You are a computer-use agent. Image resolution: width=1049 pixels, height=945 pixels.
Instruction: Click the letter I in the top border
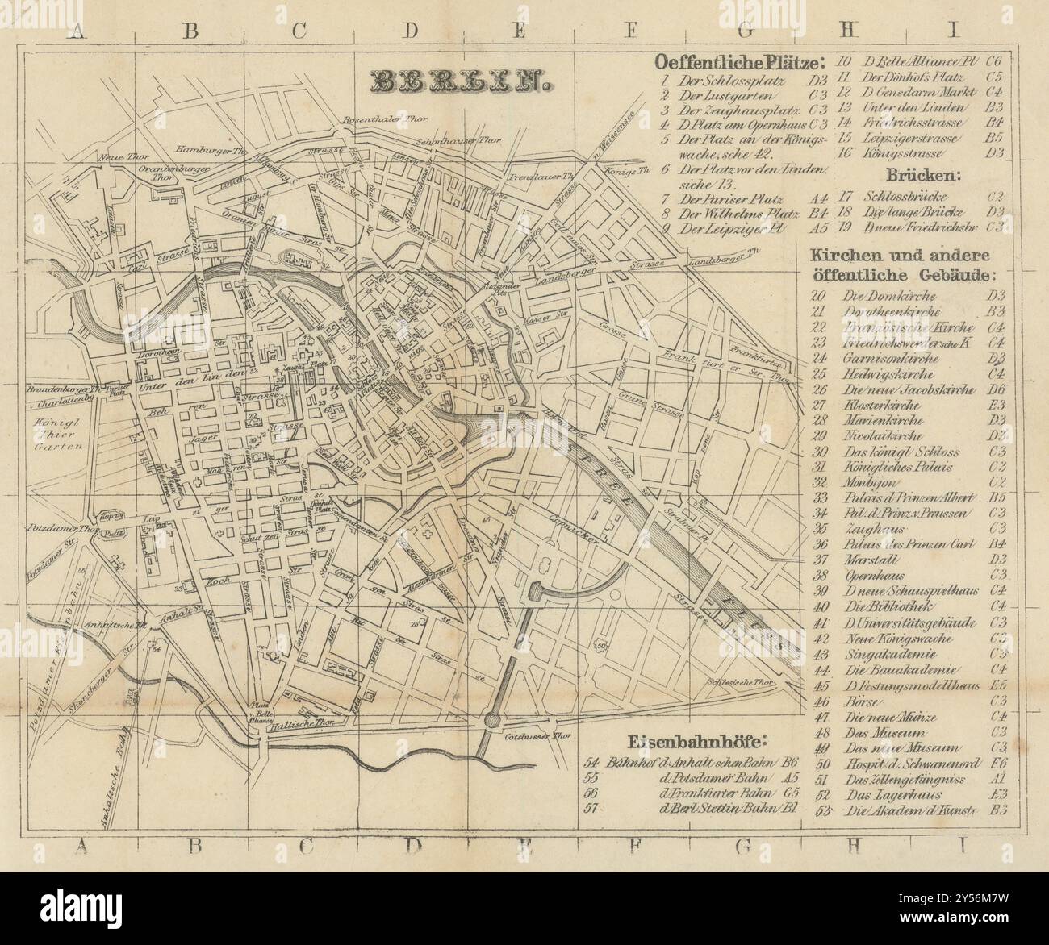tap(953, 31)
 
